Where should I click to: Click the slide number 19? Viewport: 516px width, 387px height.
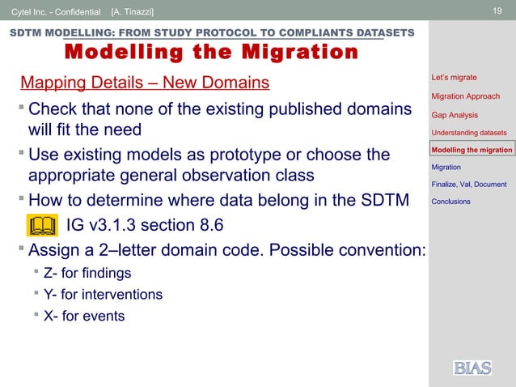[x=498, y=11]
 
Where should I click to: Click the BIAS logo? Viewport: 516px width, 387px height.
[x=472, y=368]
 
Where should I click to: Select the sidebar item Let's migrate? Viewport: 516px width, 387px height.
[x=454, y=78]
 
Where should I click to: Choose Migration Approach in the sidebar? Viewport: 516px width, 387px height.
[x=465, y=96]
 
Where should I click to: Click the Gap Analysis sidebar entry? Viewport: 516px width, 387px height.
[x=455, y=115]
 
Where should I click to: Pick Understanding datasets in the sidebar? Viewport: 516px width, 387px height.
[x=469, y=133]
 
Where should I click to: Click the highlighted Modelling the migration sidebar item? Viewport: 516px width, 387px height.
[x=472, y=150]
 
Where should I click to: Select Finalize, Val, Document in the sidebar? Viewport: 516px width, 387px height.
[x=469, y=184]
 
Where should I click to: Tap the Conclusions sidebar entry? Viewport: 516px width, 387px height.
[x=450, y=201]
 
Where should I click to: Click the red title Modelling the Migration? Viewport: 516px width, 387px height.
[x=210, y=53]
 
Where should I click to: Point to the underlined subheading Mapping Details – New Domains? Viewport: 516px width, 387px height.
[x=145, y=83]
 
